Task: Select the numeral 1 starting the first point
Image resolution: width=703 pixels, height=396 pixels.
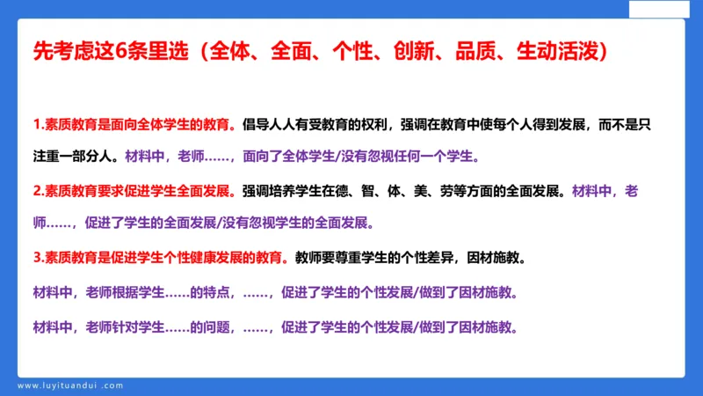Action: pyautogui.click(x=36, y=124)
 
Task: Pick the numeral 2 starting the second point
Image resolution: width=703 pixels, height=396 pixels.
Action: pyautogui.click(x=36, y=190)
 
